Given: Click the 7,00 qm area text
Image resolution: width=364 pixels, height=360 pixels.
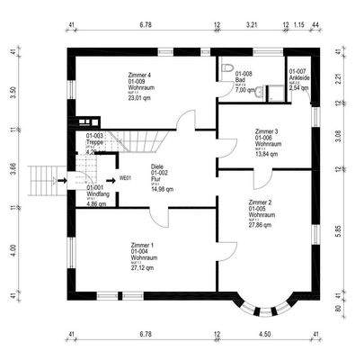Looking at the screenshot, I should [x=246, y=91].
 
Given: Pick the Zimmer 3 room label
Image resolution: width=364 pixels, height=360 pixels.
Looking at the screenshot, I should [x=267, y=131].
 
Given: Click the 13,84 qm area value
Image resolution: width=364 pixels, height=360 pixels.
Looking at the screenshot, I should [x=269, y=155].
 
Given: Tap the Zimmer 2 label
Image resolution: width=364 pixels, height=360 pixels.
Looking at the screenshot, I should [x=262, y=203].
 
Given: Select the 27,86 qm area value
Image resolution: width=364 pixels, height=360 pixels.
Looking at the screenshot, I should [x=263, y=227].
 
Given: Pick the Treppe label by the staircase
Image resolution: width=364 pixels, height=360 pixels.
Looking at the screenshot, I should [x=72, y=142].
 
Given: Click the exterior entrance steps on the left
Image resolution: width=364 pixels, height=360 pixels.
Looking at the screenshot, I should [x=40, y=182].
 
